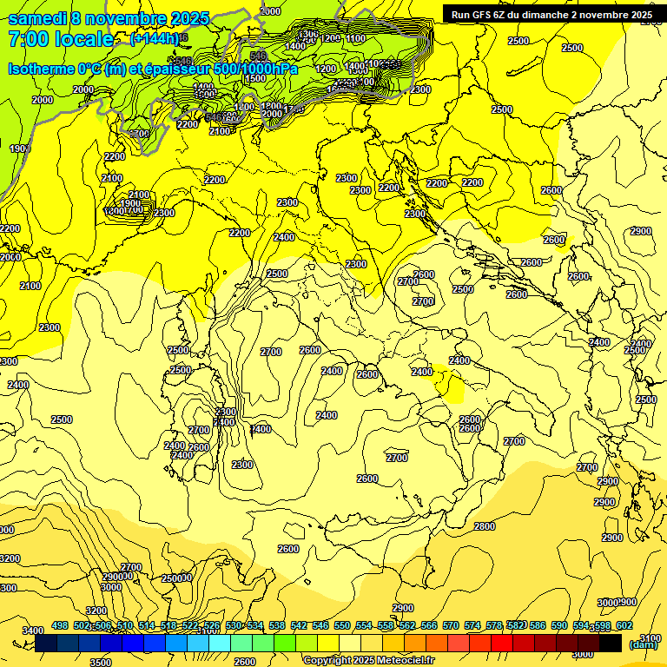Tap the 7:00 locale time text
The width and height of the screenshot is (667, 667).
click(61, 39)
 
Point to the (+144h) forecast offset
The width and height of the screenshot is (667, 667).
click(154, 39)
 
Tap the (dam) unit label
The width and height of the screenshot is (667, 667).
click(644, 644)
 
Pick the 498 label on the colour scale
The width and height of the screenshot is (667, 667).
click(60, 625)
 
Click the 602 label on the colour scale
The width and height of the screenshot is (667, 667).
click(624, 625)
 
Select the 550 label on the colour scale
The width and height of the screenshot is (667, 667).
click(342, 625)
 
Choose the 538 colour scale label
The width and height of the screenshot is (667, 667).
click(277, 625)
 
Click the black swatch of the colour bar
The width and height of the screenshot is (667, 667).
click(611, 643)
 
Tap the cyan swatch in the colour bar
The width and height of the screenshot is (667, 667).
click(220, 643)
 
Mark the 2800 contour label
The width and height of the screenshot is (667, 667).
click(485, 526)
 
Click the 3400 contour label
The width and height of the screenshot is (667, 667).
click(32, 631)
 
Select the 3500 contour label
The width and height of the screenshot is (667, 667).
click(101, 662)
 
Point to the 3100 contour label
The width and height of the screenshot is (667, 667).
click(650, 638)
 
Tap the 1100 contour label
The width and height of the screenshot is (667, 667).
click(355, 39)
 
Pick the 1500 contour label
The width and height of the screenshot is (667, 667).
click(255, 78)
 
